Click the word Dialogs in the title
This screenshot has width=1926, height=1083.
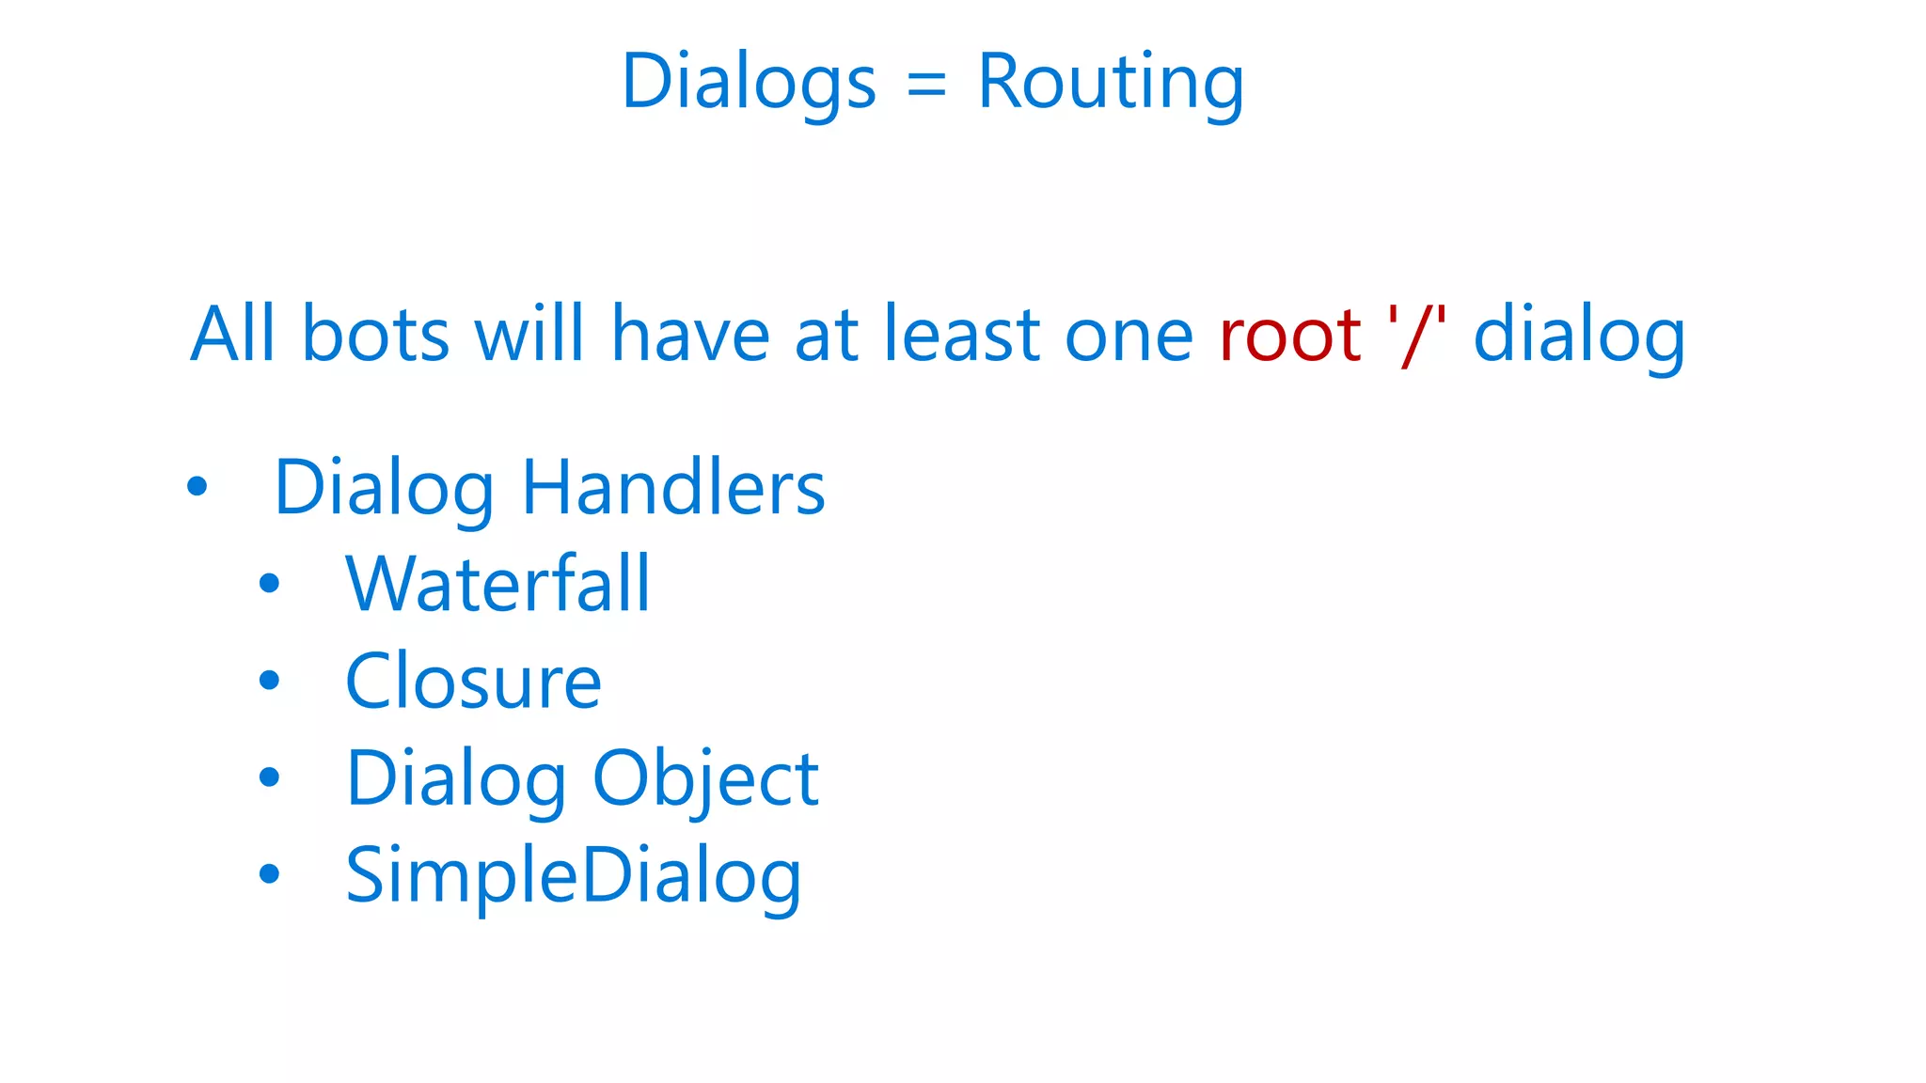[749, 83]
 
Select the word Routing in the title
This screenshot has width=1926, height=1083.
[1111, 83]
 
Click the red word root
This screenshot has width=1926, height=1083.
[1289, 336]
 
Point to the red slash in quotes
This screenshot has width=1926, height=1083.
[1416, 336]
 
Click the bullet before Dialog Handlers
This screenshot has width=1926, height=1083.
[197, 486]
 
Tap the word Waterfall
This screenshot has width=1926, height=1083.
[497, 584]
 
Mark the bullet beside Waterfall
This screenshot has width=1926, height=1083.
[270, 584]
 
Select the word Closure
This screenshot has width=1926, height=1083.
[473, 681]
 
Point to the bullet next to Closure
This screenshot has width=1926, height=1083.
[270, 680]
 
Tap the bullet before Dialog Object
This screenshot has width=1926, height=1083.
[270, 777]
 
